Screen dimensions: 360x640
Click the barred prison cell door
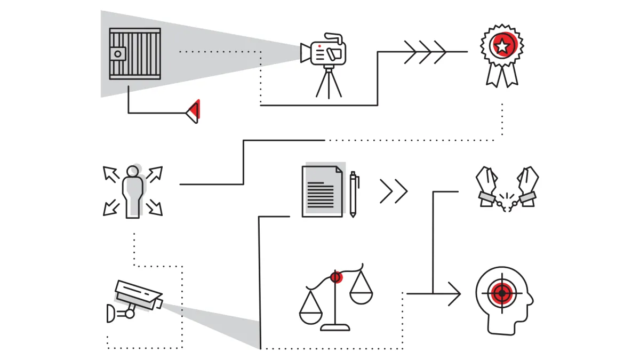coord(135,54)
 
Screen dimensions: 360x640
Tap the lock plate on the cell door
coord(118,53)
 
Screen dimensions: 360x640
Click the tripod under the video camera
coord(329,83)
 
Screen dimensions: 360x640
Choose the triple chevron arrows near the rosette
coord(425,52)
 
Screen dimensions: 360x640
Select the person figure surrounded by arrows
coord(132,191)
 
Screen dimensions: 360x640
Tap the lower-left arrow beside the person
coord(111,209)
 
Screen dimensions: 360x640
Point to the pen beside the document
coord(353,194)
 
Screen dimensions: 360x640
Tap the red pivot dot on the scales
coord(335,277)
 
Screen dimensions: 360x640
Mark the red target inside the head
coord(501,293)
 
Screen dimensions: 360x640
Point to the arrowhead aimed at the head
coord(455,294)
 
